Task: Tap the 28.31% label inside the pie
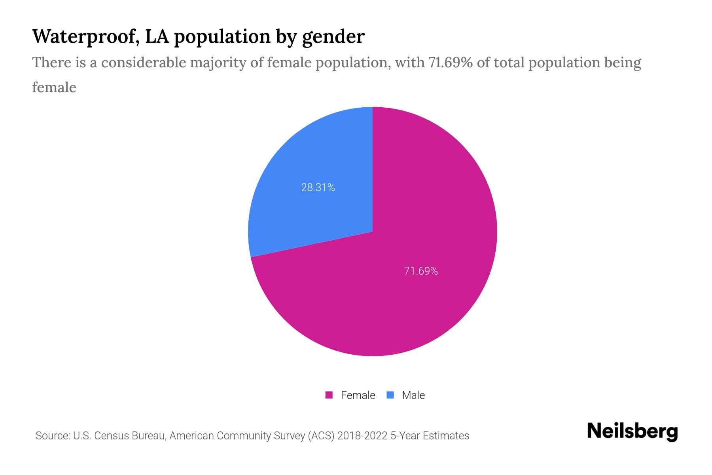click(318, 188)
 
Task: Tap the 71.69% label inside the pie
click(421, 271)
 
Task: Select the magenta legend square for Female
click(329, 395)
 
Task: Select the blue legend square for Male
click(390, 395)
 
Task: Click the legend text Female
click(358, 395)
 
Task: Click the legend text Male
click(413, 395)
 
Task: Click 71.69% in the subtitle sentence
click(451, 63)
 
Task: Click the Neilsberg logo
click(632, 431)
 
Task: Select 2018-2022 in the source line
click(362, 436)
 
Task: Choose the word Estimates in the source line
click(446, 436)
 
